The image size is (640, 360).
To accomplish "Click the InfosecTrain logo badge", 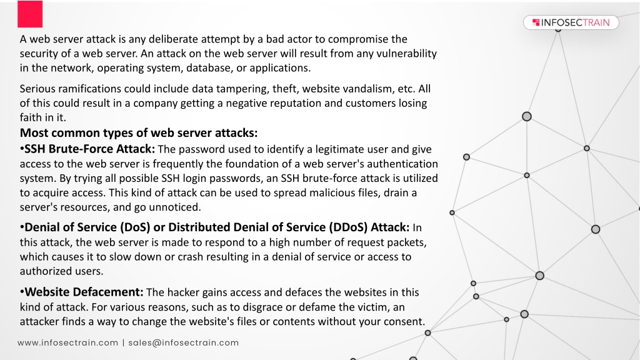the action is tap(571, 22).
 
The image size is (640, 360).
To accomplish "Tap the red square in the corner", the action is tap(30, 14).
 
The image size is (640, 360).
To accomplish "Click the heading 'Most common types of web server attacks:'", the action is tap(139, 132).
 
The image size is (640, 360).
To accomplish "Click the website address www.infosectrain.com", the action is tap(67, 343).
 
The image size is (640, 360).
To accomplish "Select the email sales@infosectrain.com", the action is tap(184, 343).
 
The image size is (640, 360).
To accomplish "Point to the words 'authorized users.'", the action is tap(62, 271).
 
